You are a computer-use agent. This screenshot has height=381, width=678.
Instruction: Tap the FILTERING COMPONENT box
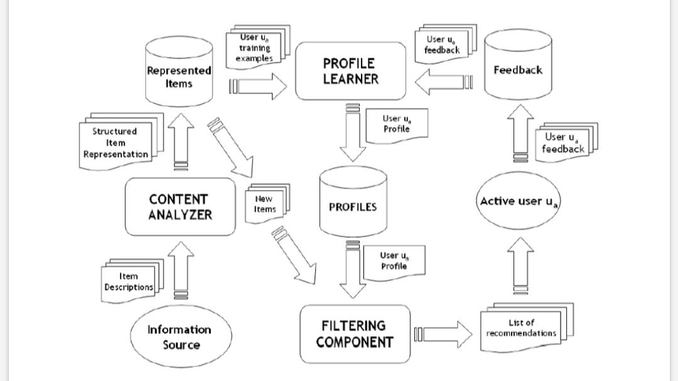(x=355, y=334)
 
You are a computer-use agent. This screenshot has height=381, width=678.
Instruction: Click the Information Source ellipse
(x=179, y=337)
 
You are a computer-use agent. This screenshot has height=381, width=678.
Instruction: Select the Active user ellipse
(x=519, y=201)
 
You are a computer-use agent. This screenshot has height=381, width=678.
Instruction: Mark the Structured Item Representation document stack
(x=117, y=143)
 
